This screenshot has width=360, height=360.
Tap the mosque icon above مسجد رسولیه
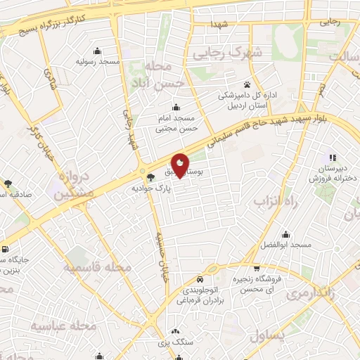tap(97, 51)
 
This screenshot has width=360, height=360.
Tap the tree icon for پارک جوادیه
tap(149, 178)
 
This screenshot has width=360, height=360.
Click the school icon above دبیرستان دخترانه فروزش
tap(331, 157)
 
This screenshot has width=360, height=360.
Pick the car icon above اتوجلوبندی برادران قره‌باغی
tap(201, 276)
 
